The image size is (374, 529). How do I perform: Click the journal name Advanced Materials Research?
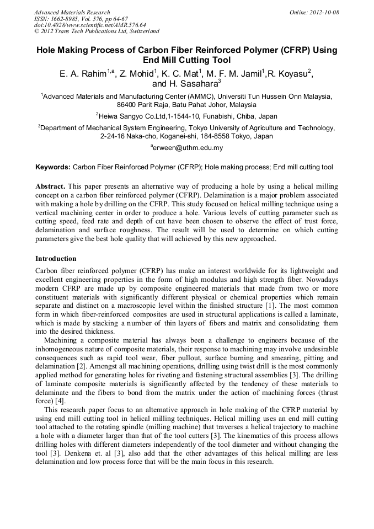[72, 12]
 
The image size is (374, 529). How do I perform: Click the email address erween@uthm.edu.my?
[188, 148]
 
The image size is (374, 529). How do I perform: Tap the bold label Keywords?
[53, 167]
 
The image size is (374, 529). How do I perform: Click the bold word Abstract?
[50, 187]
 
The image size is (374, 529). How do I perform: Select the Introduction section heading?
[56, 259]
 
